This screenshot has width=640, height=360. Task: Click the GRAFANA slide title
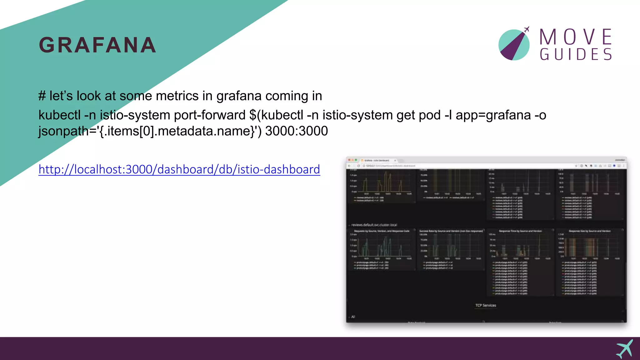(x=97, y=45)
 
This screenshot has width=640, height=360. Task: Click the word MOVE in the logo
(x=576, y=37)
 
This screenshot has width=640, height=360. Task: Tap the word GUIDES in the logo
(x=576, y=55)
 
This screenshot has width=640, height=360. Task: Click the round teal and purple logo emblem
(x=514, y=45)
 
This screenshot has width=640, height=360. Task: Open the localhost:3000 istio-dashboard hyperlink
(x=179, y=169)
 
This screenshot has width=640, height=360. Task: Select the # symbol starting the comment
(x=42, y=96)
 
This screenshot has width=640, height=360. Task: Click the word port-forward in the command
(x=210, y=115)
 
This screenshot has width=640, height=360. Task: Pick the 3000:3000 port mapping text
(x=296, y=131)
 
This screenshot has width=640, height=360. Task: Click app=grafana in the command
(x=493, y=115)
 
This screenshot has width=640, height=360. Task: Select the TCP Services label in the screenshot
(x=486, y=305)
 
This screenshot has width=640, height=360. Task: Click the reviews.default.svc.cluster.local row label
(x=374, y=225)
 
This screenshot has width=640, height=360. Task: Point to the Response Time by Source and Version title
(x=520, y=231)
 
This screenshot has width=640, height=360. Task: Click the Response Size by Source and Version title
(x=589, y=231)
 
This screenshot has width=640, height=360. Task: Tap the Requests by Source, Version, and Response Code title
(x=382, y=231)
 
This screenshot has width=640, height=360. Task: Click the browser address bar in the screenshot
(x=469, y=166)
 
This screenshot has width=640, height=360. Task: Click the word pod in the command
(x=432, y=115)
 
